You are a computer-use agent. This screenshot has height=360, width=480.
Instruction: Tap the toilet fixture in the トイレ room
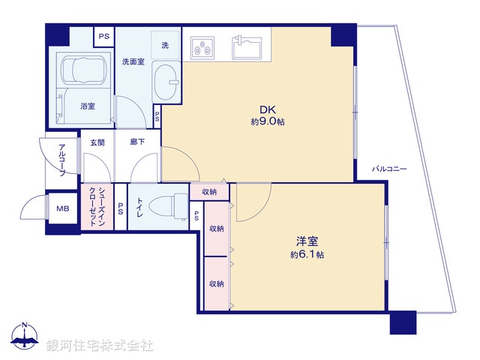161,204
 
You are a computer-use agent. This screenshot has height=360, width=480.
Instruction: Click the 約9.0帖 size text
268,121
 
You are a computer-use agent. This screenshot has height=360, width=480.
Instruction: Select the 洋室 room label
307,241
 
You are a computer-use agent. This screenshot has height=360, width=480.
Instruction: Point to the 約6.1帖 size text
307,255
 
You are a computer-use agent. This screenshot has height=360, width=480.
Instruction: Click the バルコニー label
389,169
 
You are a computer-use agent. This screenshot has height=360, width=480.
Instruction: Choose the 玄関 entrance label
97,142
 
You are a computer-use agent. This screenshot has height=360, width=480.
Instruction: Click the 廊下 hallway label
137,142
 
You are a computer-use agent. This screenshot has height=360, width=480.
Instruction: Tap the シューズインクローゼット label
97,206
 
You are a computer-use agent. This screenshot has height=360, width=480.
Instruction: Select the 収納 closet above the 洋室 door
209,192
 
